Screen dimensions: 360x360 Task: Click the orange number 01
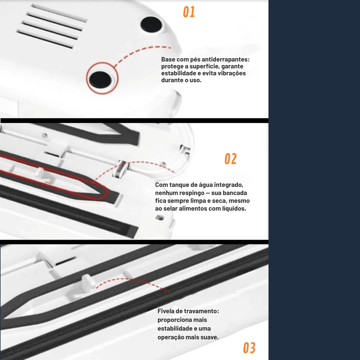tap(189, 12)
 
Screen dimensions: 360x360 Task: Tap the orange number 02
tap(230, 159)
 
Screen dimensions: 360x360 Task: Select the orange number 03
tap(249, 348)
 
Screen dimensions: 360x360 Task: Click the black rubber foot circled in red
tap(100, 80)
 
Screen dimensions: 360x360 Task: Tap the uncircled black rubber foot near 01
tap(151, 24)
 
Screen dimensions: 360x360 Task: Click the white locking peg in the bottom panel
tap(88, 283)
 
